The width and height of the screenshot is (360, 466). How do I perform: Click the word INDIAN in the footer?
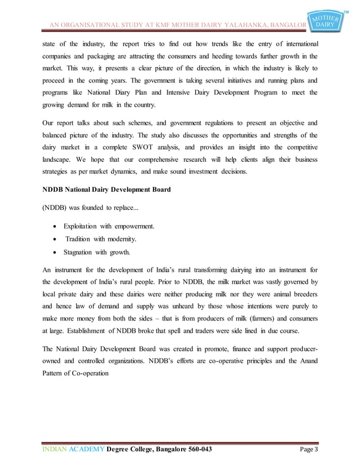point(56,449)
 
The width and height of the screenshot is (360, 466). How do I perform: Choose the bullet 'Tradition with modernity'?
point(105,239)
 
